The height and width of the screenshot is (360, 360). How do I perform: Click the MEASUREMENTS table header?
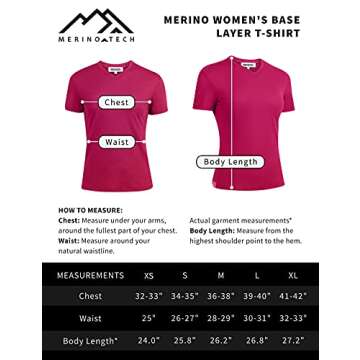[90, 275]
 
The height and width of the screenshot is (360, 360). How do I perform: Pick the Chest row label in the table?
[90, 297]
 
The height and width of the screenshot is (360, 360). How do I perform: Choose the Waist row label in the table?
[90, 319]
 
